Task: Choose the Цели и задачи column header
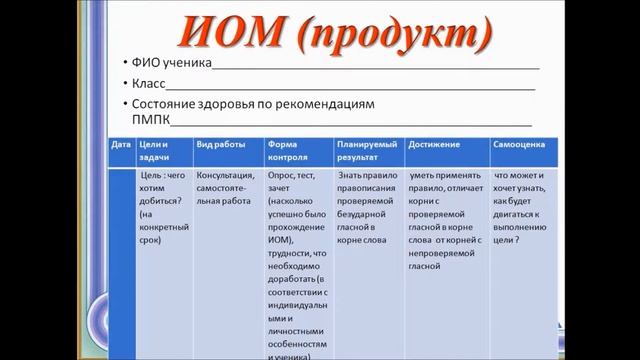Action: point(156,151)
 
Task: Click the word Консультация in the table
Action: point(227,174)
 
